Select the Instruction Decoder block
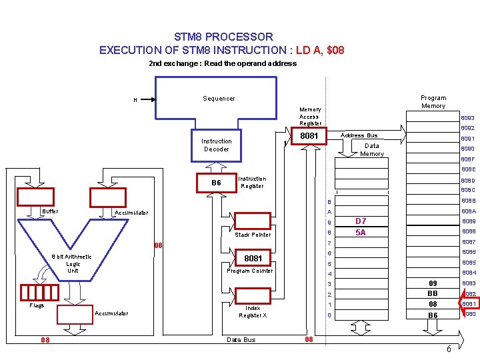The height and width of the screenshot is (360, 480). [216, 145]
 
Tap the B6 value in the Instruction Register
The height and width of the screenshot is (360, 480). [216, 183]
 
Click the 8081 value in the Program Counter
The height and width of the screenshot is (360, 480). [253, 258]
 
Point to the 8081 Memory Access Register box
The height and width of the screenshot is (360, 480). [309, 136]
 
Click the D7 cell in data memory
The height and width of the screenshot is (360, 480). [361, 221]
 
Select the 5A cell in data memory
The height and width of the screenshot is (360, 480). [361, 233]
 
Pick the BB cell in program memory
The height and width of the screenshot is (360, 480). [433, 293]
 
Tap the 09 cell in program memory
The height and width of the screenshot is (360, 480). [433, 283]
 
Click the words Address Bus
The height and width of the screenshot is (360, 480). [359, 135]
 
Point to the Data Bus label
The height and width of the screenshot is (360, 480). [241, 340]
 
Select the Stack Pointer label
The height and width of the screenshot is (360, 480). [253, 235]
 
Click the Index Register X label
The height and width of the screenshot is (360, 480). [253, 312]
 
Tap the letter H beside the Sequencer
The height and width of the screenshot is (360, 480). [135, 101]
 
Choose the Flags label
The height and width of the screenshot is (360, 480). [37, 306]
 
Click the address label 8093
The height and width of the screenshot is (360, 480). [467, 118]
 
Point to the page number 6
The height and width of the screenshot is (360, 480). [449, 350]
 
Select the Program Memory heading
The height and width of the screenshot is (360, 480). [433, 102]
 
